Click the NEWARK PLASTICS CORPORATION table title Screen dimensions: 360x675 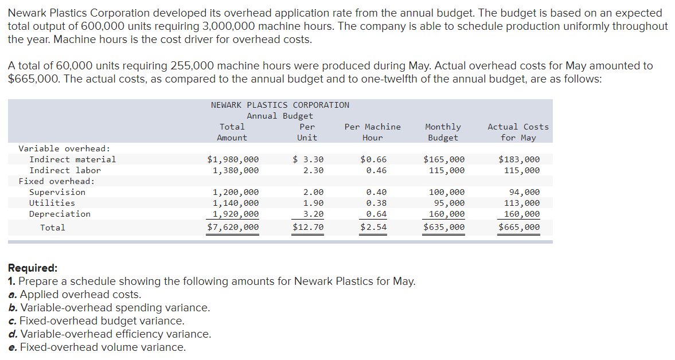280,105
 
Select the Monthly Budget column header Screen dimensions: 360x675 443,132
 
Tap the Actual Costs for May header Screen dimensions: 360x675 518,132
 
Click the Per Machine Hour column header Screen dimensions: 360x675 372,132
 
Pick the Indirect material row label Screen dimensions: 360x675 72,159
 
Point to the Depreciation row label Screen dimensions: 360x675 60,214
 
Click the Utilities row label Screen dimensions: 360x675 52,203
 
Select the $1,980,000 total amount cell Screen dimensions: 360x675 232,159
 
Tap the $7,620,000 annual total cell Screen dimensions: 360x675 232,228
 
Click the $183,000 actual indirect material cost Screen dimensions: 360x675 519,159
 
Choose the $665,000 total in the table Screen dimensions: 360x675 519,228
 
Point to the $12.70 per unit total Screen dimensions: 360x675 308,228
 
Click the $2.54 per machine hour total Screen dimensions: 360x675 373,228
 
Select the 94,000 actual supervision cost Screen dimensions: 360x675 524,192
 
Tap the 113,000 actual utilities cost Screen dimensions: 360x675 521,203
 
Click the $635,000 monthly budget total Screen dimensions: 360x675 444,228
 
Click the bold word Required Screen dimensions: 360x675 33,268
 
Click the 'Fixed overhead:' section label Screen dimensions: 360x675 57,181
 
